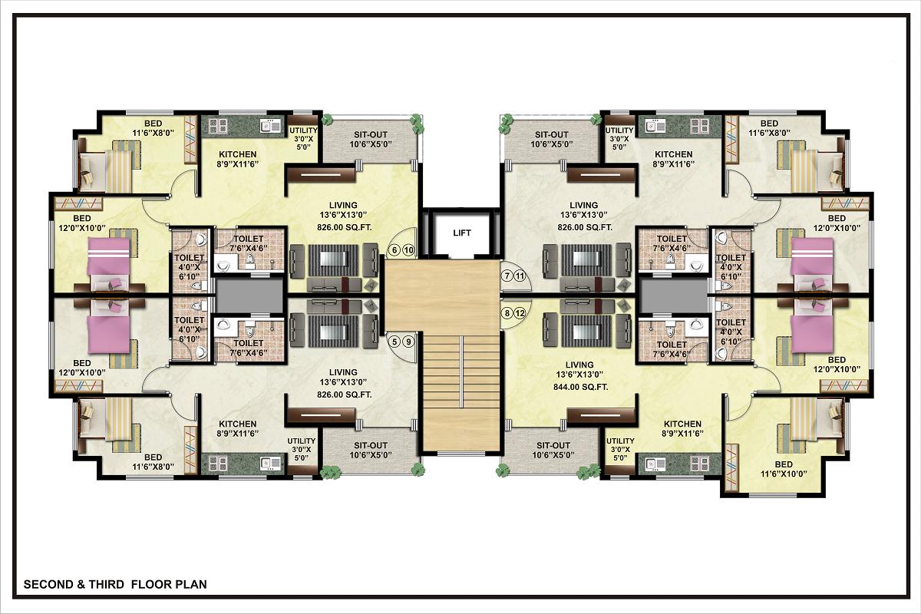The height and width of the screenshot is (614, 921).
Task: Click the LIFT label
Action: pyautogui.click(x=462, y=233)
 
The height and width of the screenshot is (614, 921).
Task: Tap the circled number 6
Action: pyautogui.click(x=394, y=250)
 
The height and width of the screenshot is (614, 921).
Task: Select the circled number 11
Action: pyautogui.click(x=520, y=276)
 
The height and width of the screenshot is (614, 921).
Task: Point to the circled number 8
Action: pyautogui.click(x=507, y=313)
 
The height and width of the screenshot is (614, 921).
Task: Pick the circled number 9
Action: pyautogui.click(x=408, y=342)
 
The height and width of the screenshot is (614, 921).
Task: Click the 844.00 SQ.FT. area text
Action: pyautogui.click(x=580, y=387)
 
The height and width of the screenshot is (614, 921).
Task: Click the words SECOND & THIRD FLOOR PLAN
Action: pyautogui.click(x=115, y=584)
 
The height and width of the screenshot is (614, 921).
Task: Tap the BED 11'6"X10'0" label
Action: pyautogui.click(x=784, y=469)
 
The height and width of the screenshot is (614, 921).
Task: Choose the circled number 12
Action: pyautogui.click(x=520, y=313)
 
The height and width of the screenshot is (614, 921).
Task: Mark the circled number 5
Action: pyautogui.click(x=394, y=342)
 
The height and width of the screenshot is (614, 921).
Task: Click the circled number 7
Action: pyautogui.click(x=507, y=276)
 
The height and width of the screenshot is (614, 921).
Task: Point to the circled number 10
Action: pyautogui.click(x=408, y=250)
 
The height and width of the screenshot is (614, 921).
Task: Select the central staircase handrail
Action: pyautogui.click(x=462, y=371)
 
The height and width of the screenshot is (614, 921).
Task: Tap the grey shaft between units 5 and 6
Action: pyautogui.click(x=249, y=295)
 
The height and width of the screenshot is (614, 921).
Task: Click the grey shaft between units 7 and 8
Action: pyautogui.click(x=674, y=295)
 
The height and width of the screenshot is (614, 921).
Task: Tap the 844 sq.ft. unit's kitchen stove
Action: pyautogui.click(x=699, y=464)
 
